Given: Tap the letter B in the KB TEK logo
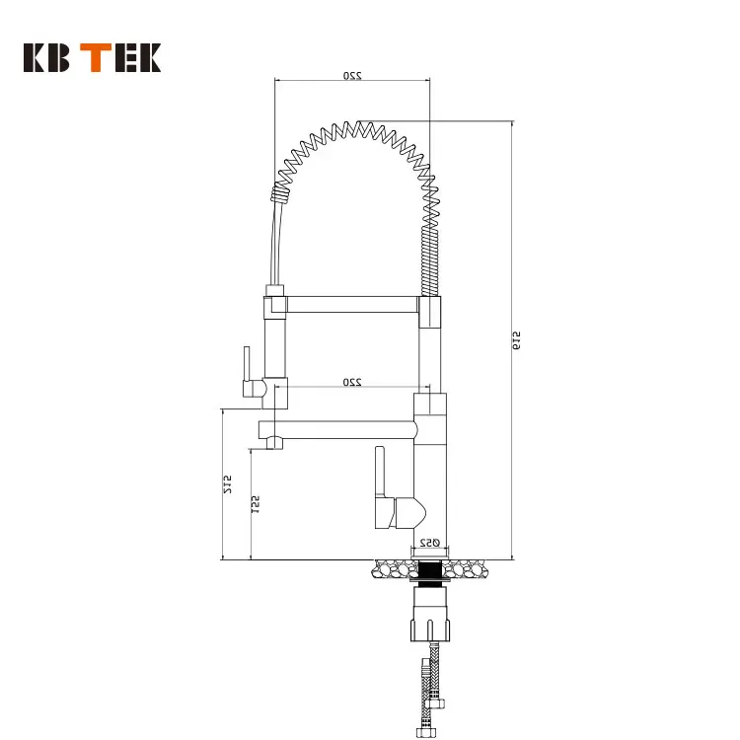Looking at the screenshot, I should pos(62,58).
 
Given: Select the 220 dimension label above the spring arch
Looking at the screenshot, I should pos(350,75).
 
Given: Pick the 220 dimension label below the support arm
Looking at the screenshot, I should pos(350,381).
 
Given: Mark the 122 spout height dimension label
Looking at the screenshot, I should pos(256,505).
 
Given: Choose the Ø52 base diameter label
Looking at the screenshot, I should pos(429,542).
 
